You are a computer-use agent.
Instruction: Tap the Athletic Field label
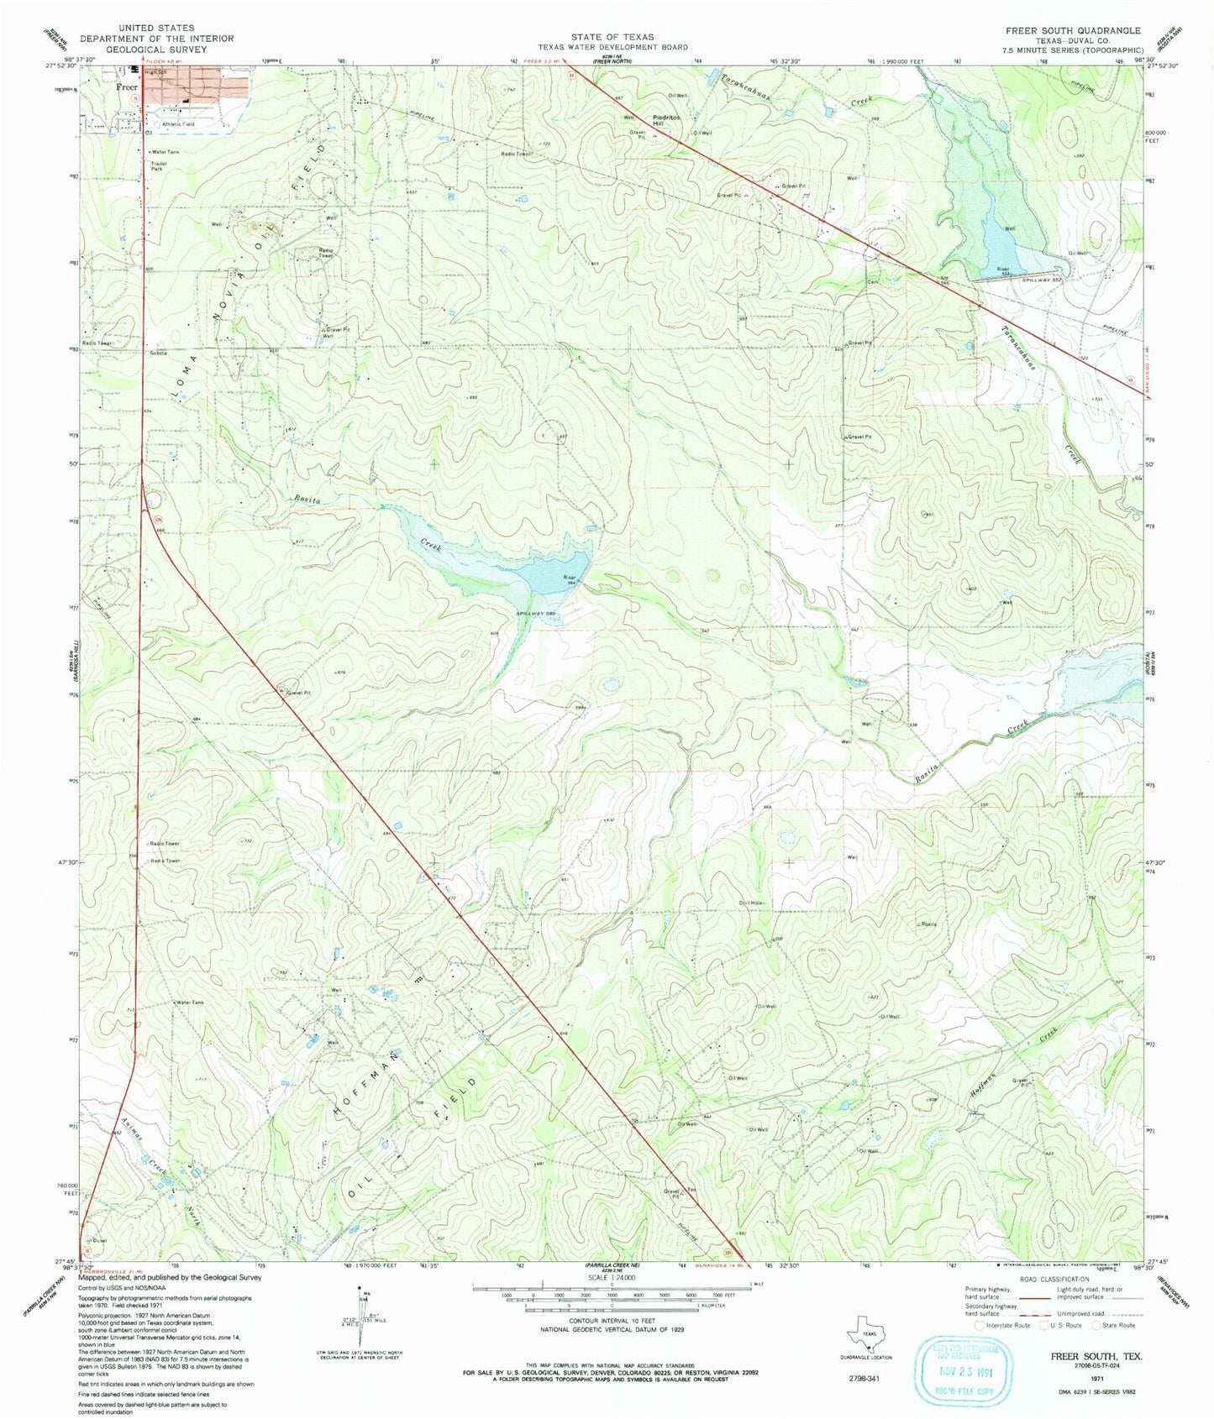(x=178, y=124)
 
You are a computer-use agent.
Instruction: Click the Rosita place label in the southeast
(x=928, y=924)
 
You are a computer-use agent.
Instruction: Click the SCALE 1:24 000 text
(x=612, y=1276)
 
